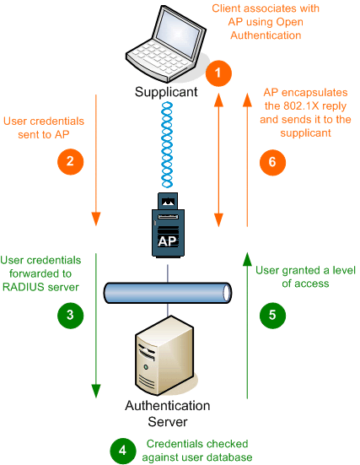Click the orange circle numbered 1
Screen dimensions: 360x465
pos(218,73)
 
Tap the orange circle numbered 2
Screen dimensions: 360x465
pos(70,162)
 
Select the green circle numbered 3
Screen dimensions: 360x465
pos(70,316)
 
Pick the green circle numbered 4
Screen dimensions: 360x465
pos(123,451)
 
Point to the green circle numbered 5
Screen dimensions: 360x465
pos(272,316)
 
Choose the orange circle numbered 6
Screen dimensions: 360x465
pos(272,163)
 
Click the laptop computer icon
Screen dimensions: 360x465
pos(166,44)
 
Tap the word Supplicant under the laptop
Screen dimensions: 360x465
pos(166,92)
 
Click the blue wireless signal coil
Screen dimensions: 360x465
pos(167,144)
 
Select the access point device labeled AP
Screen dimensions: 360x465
pos(168,225)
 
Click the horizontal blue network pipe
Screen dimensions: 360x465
pos(168,293)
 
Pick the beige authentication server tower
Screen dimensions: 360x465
pos(164,356)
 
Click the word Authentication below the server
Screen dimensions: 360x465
pos(168,406)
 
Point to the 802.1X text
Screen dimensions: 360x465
pos(298,105)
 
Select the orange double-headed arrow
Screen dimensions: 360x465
pos(218,160)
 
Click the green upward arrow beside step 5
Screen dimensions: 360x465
pos(247,326)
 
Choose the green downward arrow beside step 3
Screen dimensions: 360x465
pos(96,326)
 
